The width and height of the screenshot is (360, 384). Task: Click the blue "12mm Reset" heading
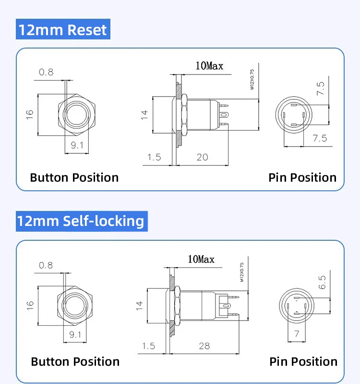coord(63,29)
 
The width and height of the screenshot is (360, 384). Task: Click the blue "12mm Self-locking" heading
coord(82,221)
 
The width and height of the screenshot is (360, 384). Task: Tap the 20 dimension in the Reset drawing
coord(202,157)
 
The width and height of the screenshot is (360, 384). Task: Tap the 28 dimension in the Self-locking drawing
coord(204,346)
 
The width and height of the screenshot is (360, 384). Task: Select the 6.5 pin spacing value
coord(322,282)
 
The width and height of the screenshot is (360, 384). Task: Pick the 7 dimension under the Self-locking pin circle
coord(297,334)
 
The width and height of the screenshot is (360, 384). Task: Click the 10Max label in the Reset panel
coord(209,66)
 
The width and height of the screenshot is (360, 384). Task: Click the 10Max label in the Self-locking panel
coord(201,260)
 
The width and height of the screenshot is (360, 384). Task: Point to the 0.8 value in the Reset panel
coord(46,72)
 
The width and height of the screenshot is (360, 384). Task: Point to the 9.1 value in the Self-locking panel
coord(75,334)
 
